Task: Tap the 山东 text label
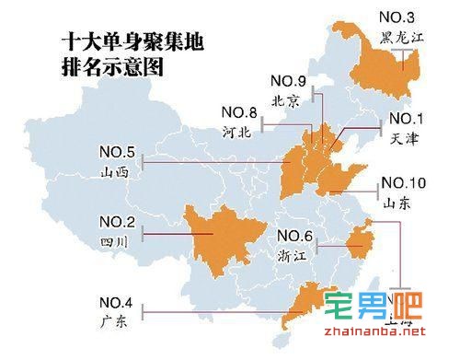click(397, 201)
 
